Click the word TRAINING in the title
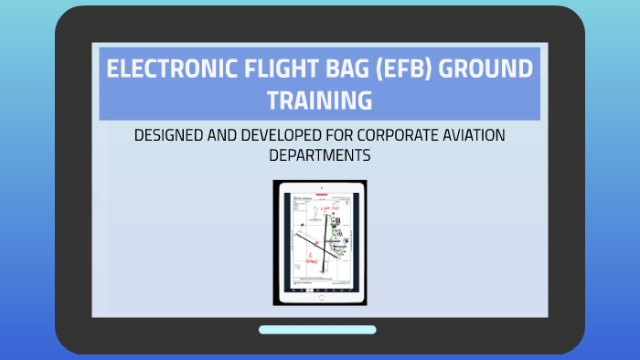(319, 100)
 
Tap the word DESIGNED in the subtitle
(170, 135)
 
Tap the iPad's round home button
(320, 298)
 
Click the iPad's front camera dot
(320, 186)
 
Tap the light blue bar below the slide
(317, 330)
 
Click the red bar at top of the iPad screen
(320, 196)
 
